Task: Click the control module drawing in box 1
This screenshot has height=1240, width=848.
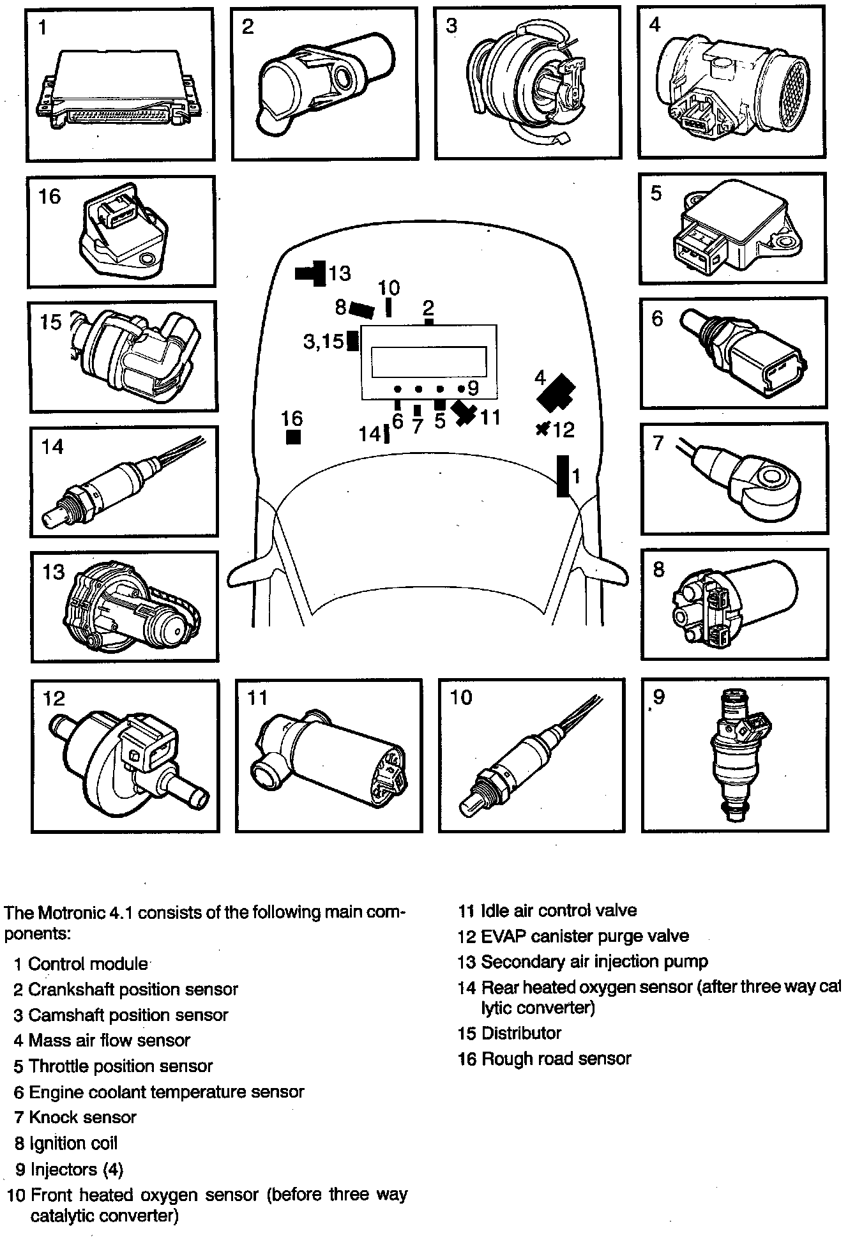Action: click(118, 89)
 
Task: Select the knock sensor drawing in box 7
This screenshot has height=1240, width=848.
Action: click(747, 476)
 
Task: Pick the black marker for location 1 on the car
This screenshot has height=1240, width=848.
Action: click(563, 476)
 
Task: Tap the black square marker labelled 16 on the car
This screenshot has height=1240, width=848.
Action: click(293, 437)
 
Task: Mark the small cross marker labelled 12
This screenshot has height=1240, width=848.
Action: click(543, 429)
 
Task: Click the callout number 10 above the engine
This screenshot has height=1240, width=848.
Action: click(388, 289)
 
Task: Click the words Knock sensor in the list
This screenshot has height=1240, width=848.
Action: click(82, 1117)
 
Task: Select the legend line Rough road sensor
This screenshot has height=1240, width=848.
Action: click(556, 1059)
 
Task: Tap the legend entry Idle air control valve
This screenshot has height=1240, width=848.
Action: click(558, 911)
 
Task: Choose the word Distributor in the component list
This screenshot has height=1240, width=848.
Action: click(521, 1033)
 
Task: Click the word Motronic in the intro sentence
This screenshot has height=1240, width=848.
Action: click(71, 912)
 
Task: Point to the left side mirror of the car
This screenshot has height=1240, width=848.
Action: click(246, 572)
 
